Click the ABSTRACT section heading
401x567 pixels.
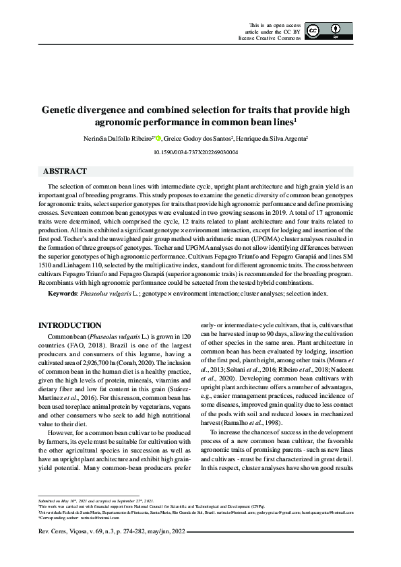[x=65, y=172]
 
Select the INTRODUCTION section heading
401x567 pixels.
[x=70, y=325]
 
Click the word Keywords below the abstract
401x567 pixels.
[x=62, y=294]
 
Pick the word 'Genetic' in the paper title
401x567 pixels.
[x=61, y=110]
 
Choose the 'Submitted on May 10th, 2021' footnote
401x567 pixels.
[x=67, y=502]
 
